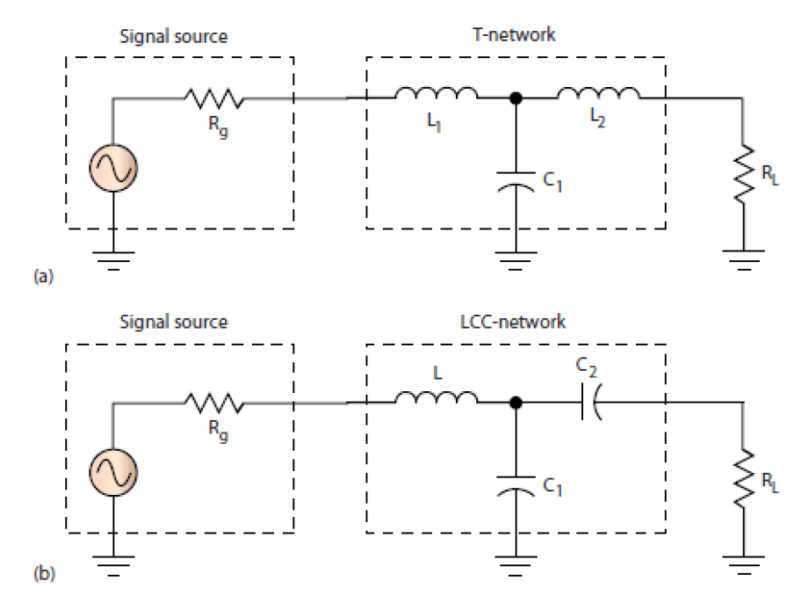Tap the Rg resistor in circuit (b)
213,405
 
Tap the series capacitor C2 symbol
593,405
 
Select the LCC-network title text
515,323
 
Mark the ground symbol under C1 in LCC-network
514,564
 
